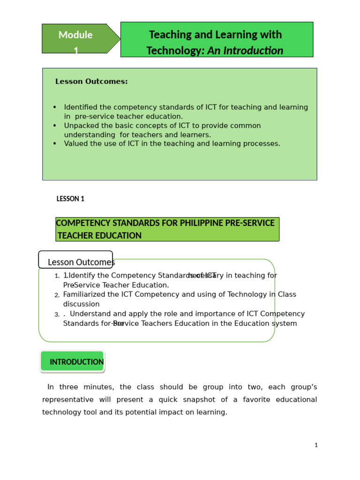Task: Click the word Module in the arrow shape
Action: click(x=75, y=35)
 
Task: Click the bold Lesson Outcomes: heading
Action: click(x=91, y=82)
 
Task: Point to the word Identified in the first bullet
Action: click(x=82, y=107)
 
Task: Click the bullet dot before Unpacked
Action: click(x=55, y=126)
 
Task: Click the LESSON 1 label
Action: click(x=70, y=199)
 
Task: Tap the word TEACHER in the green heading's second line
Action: click(x=77, y=235)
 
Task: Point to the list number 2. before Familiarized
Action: click(x=57, y=295)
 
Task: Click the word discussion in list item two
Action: click(x=81, y=304)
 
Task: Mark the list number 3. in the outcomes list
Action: click(x=57, y=315)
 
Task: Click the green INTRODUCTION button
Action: click(x=73, y=362)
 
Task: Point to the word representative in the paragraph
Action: click(x=66, y=400)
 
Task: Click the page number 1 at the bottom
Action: click(x=316, y=445)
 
